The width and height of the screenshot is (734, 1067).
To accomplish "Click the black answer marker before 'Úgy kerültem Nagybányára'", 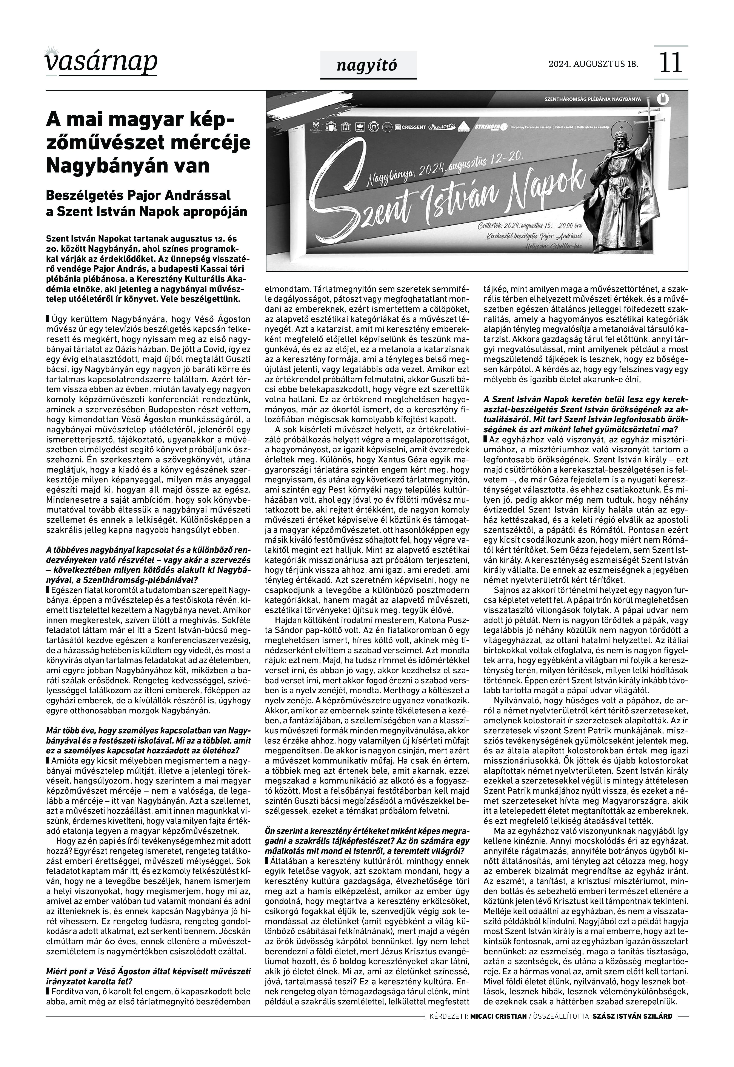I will tap(48, 319).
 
